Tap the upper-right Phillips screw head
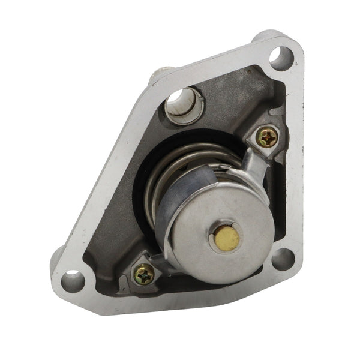click(266, 137)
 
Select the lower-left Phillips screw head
click(144, 274)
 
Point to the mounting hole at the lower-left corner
click(73, 280)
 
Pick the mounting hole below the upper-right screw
click(281, 260)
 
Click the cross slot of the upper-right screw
click(266, 137)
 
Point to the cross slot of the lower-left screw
click(144, 274)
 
